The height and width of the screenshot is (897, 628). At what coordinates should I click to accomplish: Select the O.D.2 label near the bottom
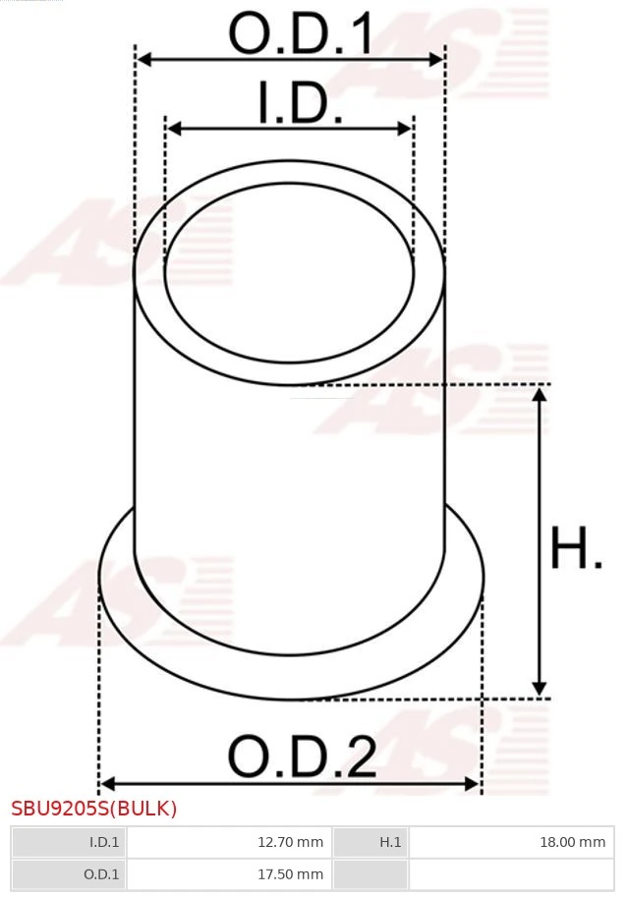pos(302,757)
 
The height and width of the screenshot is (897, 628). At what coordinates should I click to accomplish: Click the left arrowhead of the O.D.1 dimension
pos(143,60)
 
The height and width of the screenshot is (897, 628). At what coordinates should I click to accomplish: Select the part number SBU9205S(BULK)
pos(94,809)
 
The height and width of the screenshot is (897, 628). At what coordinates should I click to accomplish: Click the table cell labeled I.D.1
pos(104,842)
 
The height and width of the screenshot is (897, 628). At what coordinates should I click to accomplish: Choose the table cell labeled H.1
pos(390,842)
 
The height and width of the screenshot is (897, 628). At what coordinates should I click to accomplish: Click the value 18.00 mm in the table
pos(573,842)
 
